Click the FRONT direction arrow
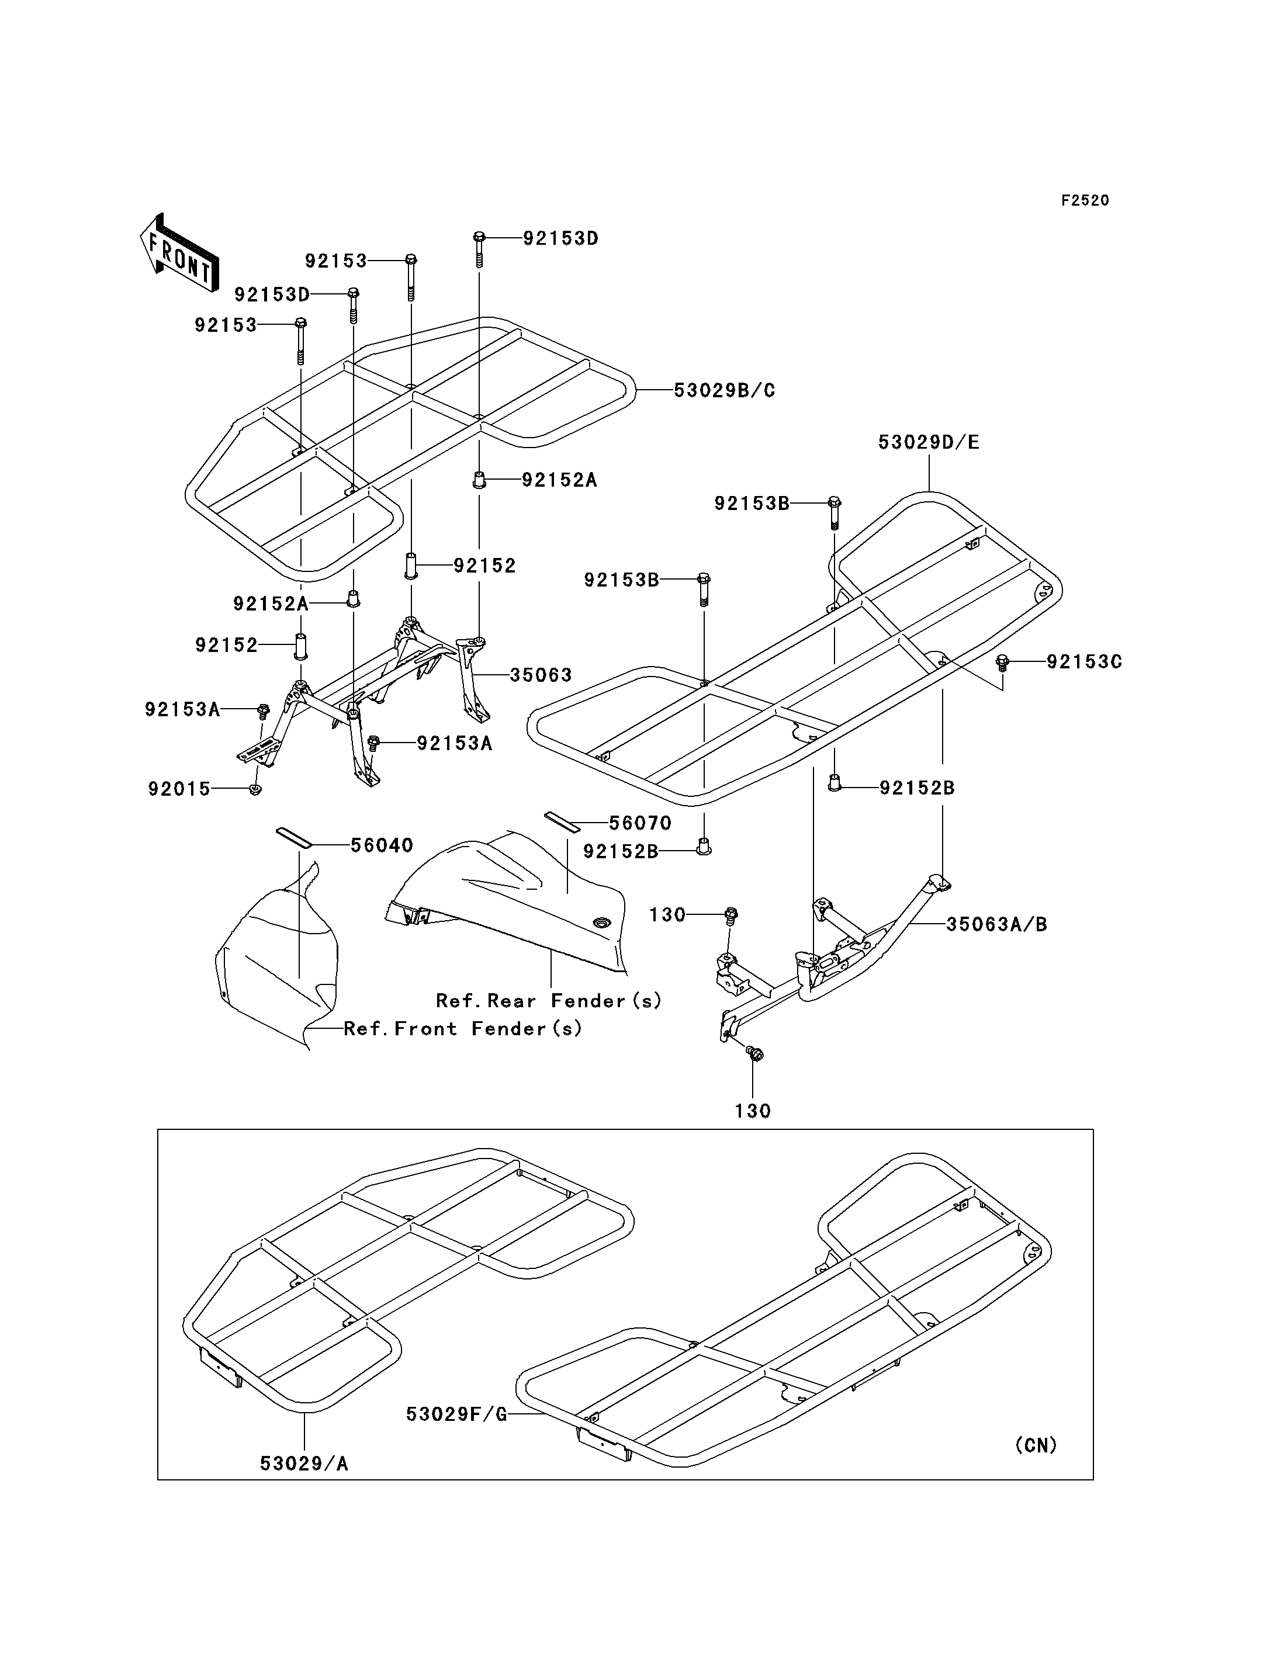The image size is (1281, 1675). pos(179,252)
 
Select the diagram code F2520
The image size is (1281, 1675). pos(1085,200)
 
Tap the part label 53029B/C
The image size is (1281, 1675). pos(725,390)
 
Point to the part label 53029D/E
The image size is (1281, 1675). pos(929,442)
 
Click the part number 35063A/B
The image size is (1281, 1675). pos(996,924)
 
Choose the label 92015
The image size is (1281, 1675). pos(179,789)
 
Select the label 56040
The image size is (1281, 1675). pos(382,845)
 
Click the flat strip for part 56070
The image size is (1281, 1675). pos(562,821)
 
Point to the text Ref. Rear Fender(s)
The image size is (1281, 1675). pos(549,1000)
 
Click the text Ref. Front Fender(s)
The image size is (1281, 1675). pos(463,1028)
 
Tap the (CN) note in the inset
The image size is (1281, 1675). pos(1036,1445)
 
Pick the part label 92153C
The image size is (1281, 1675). pos(1084,662)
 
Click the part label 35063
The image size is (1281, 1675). pos(541,675)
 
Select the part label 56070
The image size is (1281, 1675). pos(640,823)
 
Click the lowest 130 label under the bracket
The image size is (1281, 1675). pos(753,1111)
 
